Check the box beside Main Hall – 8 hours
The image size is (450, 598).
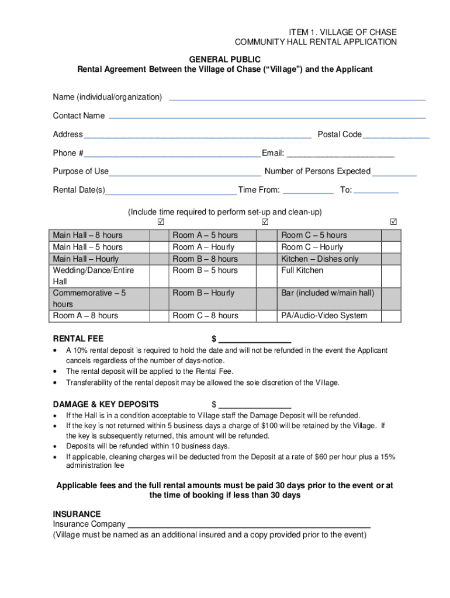[x=158, y=235]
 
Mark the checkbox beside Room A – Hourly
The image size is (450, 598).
[x=267, y=247]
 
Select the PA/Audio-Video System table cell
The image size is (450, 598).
[x=330, y=316]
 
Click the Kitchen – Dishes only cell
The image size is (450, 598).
[x=330, y=259]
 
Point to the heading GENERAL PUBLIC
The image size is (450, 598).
[x=225, y=60]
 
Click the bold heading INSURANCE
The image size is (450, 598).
[x=77, y=514]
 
